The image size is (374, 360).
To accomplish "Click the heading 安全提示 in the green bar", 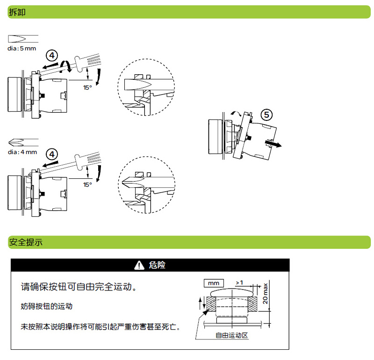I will [x=26, y=242].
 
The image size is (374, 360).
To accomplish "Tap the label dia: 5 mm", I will [x=22, y=48].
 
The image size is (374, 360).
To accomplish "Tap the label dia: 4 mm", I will [x=22, y=152].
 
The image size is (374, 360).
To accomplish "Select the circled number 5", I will [x=266, y=114].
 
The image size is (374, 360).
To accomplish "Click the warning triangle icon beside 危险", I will [x=139, y=265].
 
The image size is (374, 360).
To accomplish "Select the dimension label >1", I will [x=239, y=282].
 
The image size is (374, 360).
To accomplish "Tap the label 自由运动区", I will [x=231, y=335].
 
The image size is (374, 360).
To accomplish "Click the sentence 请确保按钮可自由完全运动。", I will [x=79, y=286].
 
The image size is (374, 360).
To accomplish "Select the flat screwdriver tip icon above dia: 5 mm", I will [x=23, y=39].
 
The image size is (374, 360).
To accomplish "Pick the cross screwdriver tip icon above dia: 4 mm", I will [x=23, y=142].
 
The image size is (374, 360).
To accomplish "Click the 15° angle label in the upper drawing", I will [x=87, y=87].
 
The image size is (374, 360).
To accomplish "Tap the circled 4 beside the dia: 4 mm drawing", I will [x=52, y=154].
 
